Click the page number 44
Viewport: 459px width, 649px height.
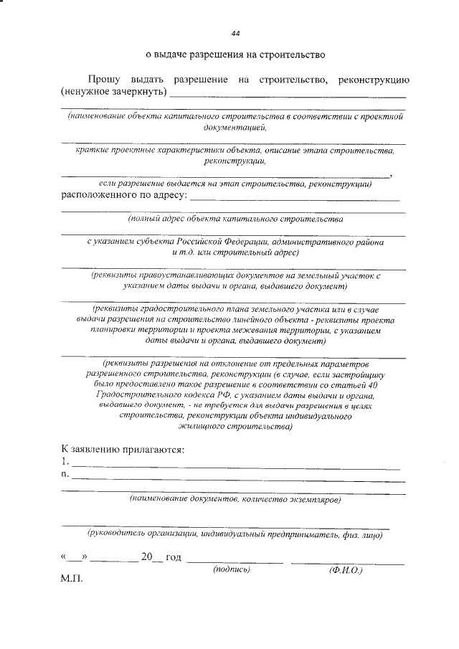235,34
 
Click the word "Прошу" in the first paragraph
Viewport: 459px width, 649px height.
102,78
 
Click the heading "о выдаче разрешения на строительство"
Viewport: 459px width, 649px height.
235,54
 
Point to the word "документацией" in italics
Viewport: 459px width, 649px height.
234,127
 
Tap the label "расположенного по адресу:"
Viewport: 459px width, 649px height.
123,194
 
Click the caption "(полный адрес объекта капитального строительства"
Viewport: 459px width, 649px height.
235,217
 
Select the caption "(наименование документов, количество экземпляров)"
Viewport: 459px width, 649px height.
235,498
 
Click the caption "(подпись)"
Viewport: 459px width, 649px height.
232,569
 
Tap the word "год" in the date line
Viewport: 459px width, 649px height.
174,556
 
